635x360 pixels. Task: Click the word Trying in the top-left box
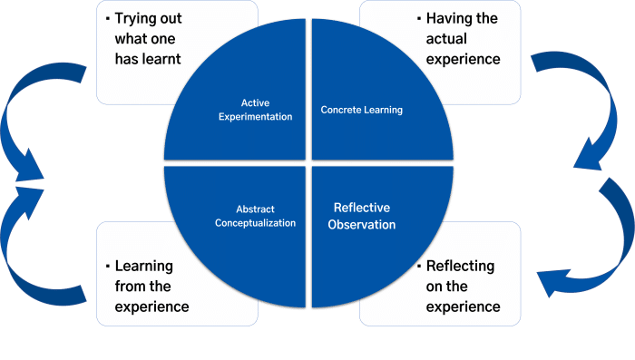(x=137, y=18)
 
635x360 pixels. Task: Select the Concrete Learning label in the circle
(x=361, y=111)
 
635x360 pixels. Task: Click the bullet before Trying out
(x=108, y=18)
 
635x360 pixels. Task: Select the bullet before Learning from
(x=108, y=267)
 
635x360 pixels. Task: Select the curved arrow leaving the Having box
(x=562, y=82)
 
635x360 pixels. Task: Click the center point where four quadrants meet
(x=309, y=164)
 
